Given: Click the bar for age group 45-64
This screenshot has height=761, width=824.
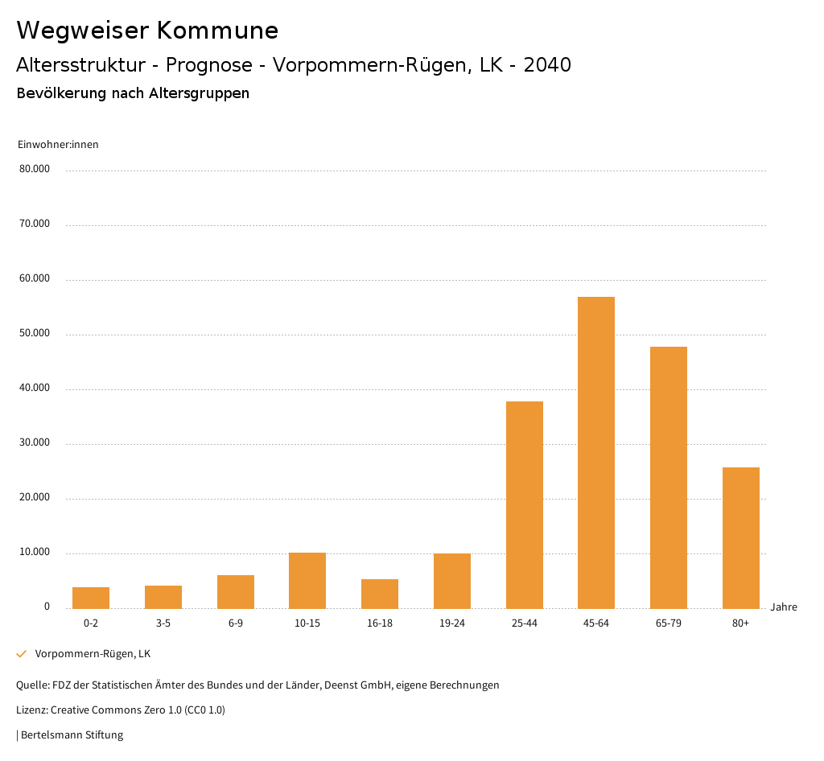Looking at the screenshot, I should (x=596, y=452).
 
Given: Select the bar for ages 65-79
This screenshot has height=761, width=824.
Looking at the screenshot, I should (x=669, y=477).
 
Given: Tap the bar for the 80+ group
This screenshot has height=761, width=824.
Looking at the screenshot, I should (x=741, y=537).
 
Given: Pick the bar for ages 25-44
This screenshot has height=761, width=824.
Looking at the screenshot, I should (x=525, y=504).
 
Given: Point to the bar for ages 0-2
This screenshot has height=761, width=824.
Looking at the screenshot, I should (x=91, y=598).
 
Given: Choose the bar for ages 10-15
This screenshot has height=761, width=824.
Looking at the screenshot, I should (x=307, y=580).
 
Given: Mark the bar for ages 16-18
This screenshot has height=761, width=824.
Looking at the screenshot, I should (x=380, y=594).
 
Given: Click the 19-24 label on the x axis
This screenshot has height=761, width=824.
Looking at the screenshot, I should (x=452, y=623).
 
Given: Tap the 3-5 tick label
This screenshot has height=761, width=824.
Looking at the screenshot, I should (x=163, y=623).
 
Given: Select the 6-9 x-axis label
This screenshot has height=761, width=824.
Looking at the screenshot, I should (x=236, y=623).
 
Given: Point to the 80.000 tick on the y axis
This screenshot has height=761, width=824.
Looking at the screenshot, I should (x=35, y=169).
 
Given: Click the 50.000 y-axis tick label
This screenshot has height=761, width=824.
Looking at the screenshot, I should (x=35, y=333).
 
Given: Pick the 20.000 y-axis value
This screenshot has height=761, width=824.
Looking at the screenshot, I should (x=35, y=497).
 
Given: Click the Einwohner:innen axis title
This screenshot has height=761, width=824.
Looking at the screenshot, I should (x=58, y=145).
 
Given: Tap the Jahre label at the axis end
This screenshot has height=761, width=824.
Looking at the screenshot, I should (x=784, y=607).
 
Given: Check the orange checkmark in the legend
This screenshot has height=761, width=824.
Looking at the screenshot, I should (x=22, y=654).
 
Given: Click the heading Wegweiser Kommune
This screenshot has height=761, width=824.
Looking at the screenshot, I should (x=147, y=31).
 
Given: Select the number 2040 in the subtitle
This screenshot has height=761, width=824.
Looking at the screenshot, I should (x=547, y=65).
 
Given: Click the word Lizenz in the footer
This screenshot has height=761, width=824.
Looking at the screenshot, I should (x=31, y=710).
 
